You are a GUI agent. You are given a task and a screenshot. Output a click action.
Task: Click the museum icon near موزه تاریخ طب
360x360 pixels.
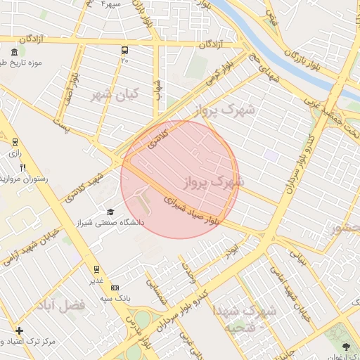tap(15, 53)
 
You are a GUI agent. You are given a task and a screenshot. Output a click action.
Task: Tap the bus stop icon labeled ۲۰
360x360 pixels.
tap(124, 50)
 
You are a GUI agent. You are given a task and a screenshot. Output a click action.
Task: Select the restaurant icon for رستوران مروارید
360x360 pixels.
tap(22, 167)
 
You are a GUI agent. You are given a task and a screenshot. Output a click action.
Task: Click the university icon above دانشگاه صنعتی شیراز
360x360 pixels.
tap(110, 212)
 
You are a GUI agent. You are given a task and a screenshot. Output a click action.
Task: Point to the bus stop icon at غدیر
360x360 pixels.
tap(96, 269)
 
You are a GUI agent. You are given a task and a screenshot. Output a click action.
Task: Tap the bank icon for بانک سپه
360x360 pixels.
tap(115, 287)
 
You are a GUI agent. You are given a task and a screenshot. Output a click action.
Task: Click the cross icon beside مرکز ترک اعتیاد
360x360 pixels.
tap(18, 330)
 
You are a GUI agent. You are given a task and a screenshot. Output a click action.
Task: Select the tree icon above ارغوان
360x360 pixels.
tap(345, 346)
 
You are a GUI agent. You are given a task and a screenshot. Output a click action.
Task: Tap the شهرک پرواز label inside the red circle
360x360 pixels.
tap(213, 181)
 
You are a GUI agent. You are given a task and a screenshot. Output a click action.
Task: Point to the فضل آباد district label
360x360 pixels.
tap(63, 305)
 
